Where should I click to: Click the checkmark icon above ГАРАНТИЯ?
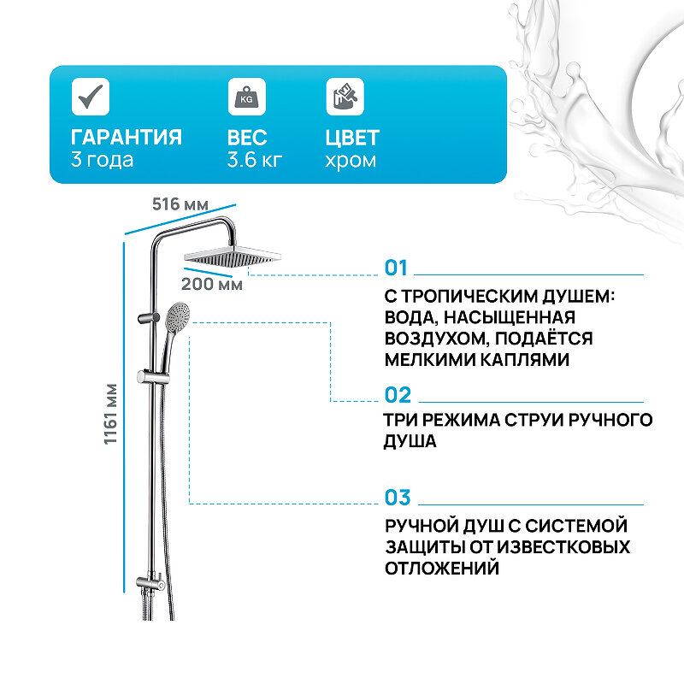point(90,97)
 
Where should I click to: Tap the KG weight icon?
point(246,97)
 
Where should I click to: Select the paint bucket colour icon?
point(345,97)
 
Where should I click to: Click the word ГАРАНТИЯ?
point(126,138)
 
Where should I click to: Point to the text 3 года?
point(102,160)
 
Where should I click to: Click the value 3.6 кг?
point(255,160)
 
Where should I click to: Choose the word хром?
point(351,160)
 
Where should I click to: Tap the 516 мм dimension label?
point(180,204)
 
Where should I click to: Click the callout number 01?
point(397,268)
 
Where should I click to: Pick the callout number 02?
point(398,395)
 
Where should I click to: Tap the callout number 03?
point(398,498)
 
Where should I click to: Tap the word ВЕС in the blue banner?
point(248,138)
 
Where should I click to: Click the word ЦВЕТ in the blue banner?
point(352,138)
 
